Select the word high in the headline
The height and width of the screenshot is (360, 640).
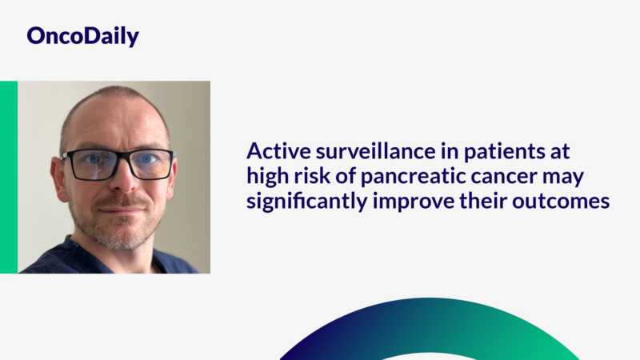[267, 177]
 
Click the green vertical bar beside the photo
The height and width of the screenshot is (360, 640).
[9, 177]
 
